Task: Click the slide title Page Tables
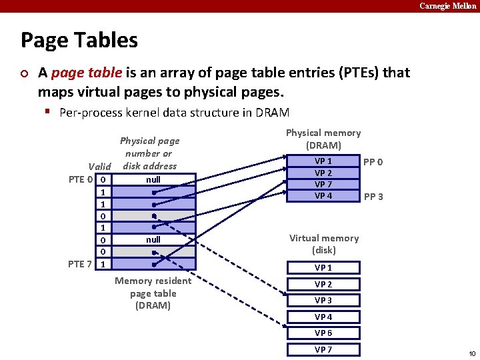coord(79,41)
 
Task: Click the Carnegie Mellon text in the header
coord(447,5)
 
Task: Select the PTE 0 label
coord(81,179)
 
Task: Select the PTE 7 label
coord(81,264)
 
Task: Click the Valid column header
coord(99,167)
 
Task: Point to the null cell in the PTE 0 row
coord(153,179)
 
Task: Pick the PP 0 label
coord(373,162)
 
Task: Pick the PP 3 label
coord(373,197)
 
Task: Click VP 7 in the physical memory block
coord(323,184)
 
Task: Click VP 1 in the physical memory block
coord(323,161)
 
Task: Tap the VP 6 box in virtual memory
coord(323,333)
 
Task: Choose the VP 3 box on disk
coord(323,301)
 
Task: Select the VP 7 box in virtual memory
coord(323,349)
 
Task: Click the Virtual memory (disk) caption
coord(323,244)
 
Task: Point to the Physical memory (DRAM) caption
coord(323,139)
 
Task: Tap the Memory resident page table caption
coord(153,293)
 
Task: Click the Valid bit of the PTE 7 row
coord(103,264)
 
